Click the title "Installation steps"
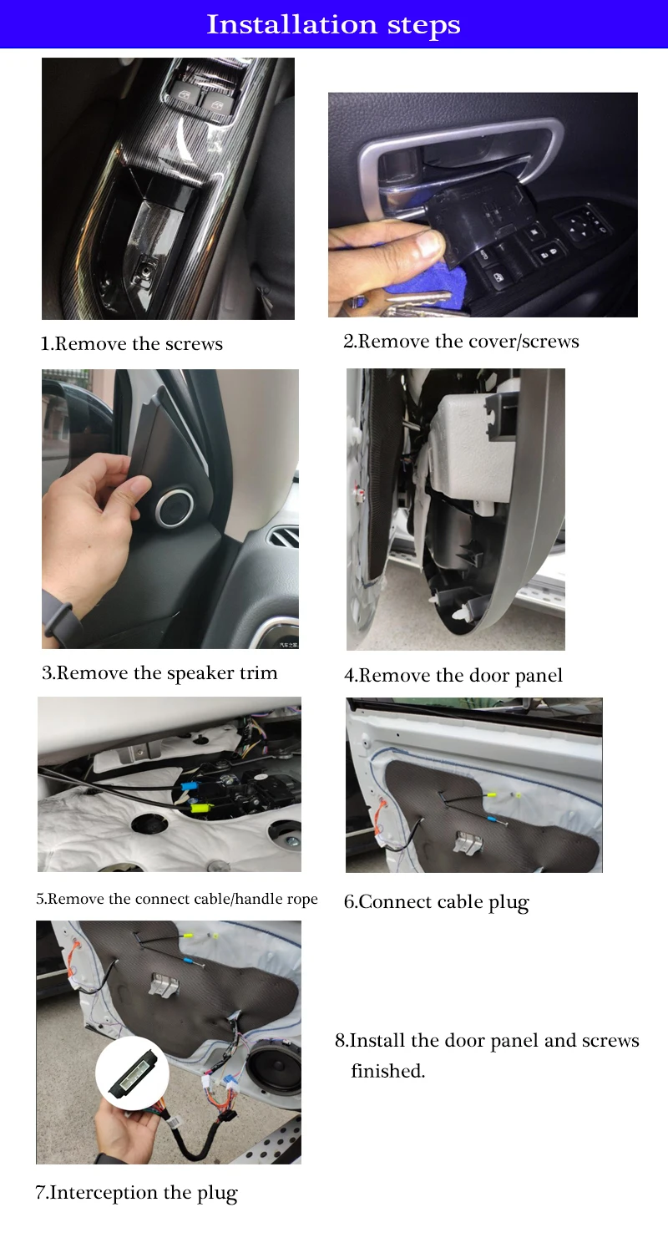(334, 25)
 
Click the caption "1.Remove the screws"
(131, 343)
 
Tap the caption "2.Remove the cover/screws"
(461, 341)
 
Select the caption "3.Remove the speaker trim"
(159, 673)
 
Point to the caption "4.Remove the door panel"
(453, 676)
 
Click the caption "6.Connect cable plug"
(436, 902)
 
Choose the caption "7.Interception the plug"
(136, 1193)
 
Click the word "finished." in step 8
(388, 1071)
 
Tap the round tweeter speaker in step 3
(175, 509)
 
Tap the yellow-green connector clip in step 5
(202, 808)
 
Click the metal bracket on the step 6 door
(468, 842)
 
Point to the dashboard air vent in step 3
(284, 539)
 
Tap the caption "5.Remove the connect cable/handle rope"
(177, 899)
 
